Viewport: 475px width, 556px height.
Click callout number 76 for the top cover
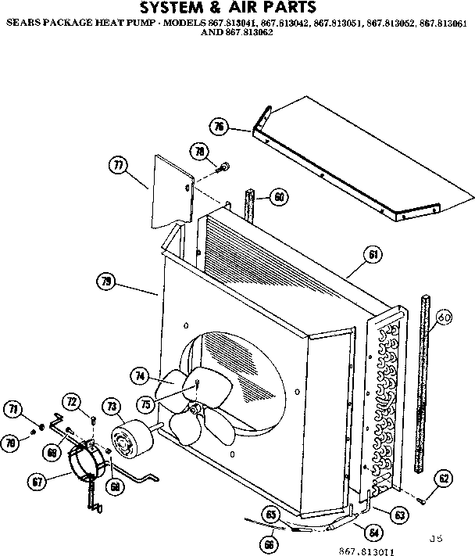coord(220,127)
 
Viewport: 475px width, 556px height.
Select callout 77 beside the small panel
coord(119,165)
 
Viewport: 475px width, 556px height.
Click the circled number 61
coord(373,254)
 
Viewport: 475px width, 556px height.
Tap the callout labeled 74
coord(141,376)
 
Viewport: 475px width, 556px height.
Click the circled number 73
coord(112,406)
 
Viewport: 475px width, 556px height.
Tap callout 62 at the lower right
coord(444,479)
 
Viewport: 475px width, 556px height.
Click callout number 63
coord(399,515)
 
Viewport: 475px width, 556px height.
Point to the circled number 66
coord(270,543)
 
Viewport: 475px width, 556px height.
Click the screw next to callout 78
coord(224,166)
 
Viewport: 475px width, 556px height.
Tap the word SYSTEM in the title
coord(174,9)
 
